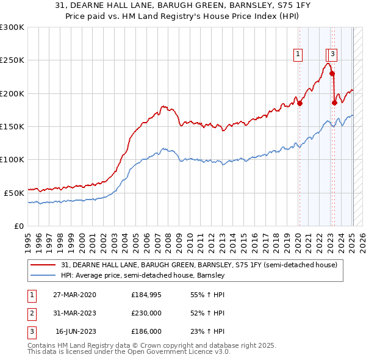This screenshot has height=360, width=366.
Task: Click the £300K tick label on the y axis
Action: (12, 27)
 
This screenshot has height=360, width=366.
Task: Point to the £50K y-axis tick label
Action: (14, 193)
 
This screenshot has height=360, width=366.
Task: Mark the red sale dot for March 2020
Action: (300, 104)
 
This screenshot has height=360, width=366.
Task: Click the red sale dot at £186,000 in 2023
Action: (334, 103)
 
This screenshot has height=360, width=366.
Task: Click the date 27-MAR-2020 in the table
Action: (74, 295)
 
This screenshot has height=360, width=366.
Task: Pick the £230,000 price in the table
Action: (146, 313)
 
